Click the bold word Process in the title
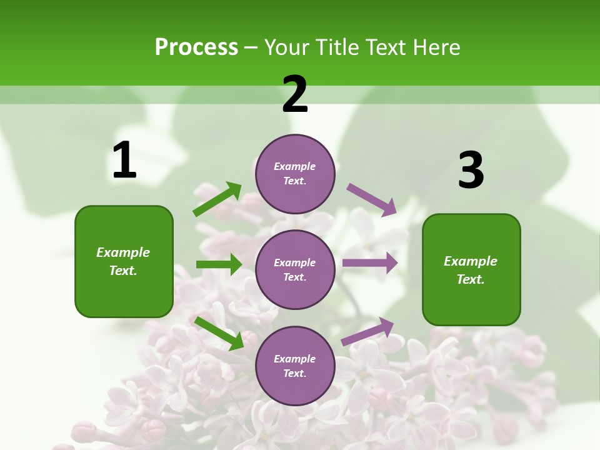click(196, 47)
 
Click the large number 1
click(124, 161)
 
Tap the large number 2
click(295, 94)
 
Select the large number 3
click(471, 171)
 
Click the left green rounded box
click(124, 261)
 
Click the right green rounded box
click(471, 270)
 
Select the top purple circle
click(295, 174)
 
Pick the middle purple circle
click(295, 269)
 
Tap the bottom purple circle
click(295, 366)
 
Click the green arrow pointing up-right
click(217, 199)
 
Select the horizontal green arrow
click(219, 264)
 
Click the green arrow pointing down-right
click(219, 333)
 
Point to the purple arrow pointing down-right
click(372, 199)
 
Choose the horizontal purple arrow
click(370, 262)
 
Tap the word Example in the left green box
click(123, 252)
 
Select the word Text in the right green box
click(470, 279)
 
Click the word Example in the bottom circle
click(295, 359)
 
